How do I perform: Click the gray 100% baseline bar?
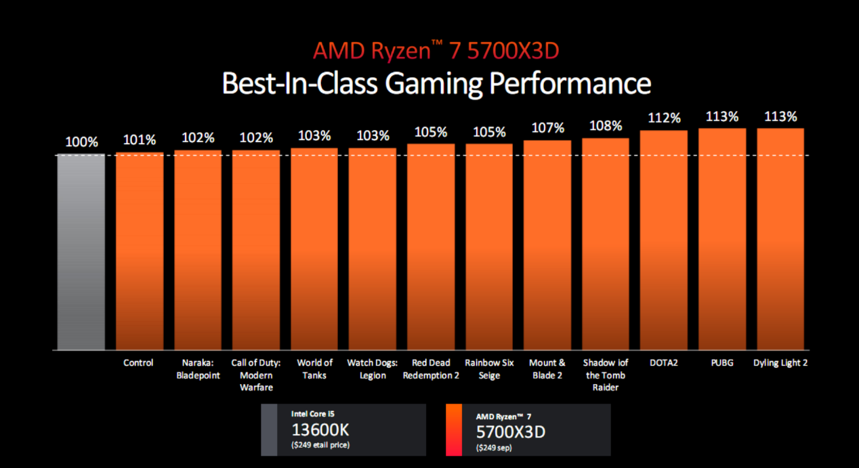pos(81,251)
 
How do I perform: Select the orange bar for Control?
pos(139,251)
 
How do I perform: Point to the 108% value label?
pos(606,126)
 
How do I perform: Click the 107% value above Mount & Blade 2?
pos(547,128)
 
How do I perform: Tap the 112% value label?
pos(664,118)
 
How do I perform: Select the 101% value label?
pos(139,140)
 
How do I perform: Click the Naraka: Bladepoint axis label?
pos(197,369)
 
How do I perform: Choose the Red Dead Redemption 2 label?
pos(431,369)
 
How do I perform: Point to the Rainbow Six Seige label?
pos(489,369)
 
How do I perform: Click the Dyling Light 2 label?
pos(780,363)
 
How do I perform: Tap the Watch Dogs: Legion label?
pos(372,369)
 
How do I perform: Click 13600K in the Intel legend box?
pos(320,430)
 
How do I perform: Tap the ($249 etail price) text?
pos(320,445)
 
